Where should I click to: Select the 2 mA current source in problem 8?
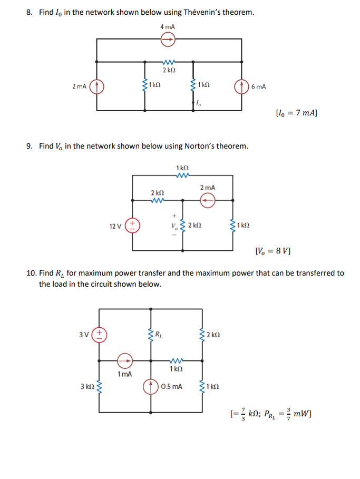click(97, 86)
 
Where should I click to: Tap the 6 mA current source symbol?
click(242, 86)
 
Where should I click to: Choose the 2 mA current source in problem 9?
click(208, 200)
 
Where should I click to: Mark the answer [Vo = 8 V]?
click(273, 250)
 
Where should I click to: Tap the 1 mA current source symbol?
click(125, 361)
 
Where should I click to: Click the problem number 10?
click(31, 273)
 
